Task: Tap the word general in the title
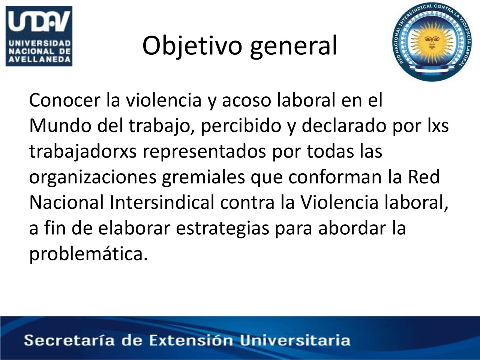coord(294,46)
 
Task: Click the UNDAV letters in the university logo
coord(39,22)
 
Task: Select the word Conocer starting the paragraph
coord(65,100)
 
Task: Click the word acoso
coord(247,100)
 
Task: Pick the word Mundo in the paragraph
coord(60,126)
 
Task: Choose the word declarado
coord(344,126)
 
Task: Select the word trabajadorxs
coord(83,151)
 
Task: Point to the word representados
coord(204,152)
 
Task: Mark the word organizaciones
coord(93,177)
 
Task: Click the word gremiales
coord(203,177)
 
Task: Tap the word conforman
coord(335,177)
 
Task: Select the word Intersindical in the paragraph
coord(162,202)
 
